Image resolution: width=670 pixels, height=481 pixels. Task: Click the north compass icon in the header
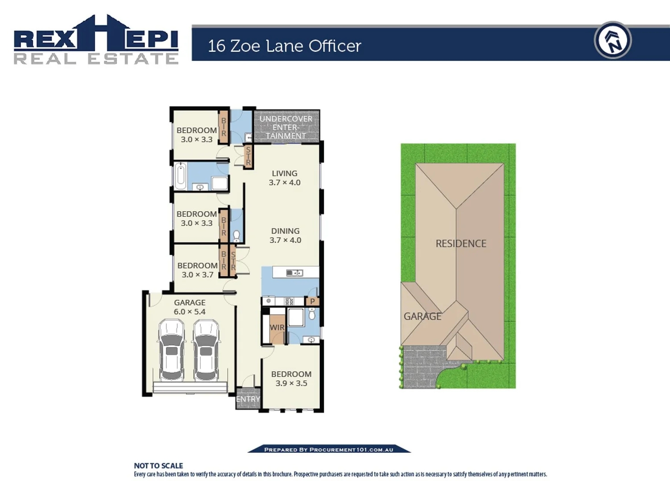tap(612, 41)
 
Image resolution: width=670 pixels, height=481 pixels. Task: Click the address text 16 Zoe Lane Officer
tap(284, 46)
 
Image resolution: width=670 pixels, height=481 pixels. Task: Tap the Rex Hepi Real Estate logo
tap(96, 40)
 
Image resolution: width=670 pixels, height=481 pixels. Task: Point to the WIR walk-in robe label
tap(277, 327)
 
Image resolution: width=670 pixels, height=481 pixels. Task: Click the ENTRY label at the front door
tap(248, 399)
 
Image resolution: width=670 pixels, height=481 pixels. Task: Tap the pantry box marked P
tap(312, 302)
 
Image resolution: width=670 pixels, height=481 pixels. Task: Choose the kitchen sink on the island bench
tap(294, 273)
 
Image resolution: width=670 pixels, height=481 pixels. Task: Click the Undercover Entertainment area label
tap(286, 127)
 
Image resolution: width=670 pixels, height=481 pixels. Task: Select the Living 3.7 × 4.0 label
tap(285, 178)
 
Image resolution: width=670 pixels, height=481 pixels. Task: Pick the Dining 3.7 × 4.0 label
tap(285, 235)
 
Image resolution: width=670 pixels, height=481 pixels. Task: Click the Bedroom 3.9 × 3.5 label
tap(291, 379)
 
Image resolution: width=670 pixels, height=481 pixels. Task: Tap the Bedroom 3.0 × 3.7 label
tap(197, 270)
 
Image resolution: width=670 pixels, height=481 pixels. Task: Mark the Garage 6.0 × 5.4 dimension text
tap(190, 312)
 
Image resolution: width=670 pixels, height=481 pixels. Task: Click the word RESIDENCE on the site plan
tap(461, 244)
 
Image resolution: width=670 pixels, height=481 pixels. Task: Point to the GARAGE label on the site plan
tap(422, 316)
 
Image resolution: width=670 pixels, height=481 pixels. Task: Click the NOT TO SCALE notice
tap(158, 465)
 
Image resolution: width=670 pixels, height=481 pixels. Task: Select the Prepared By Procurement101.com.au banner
tap(329, 449)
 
